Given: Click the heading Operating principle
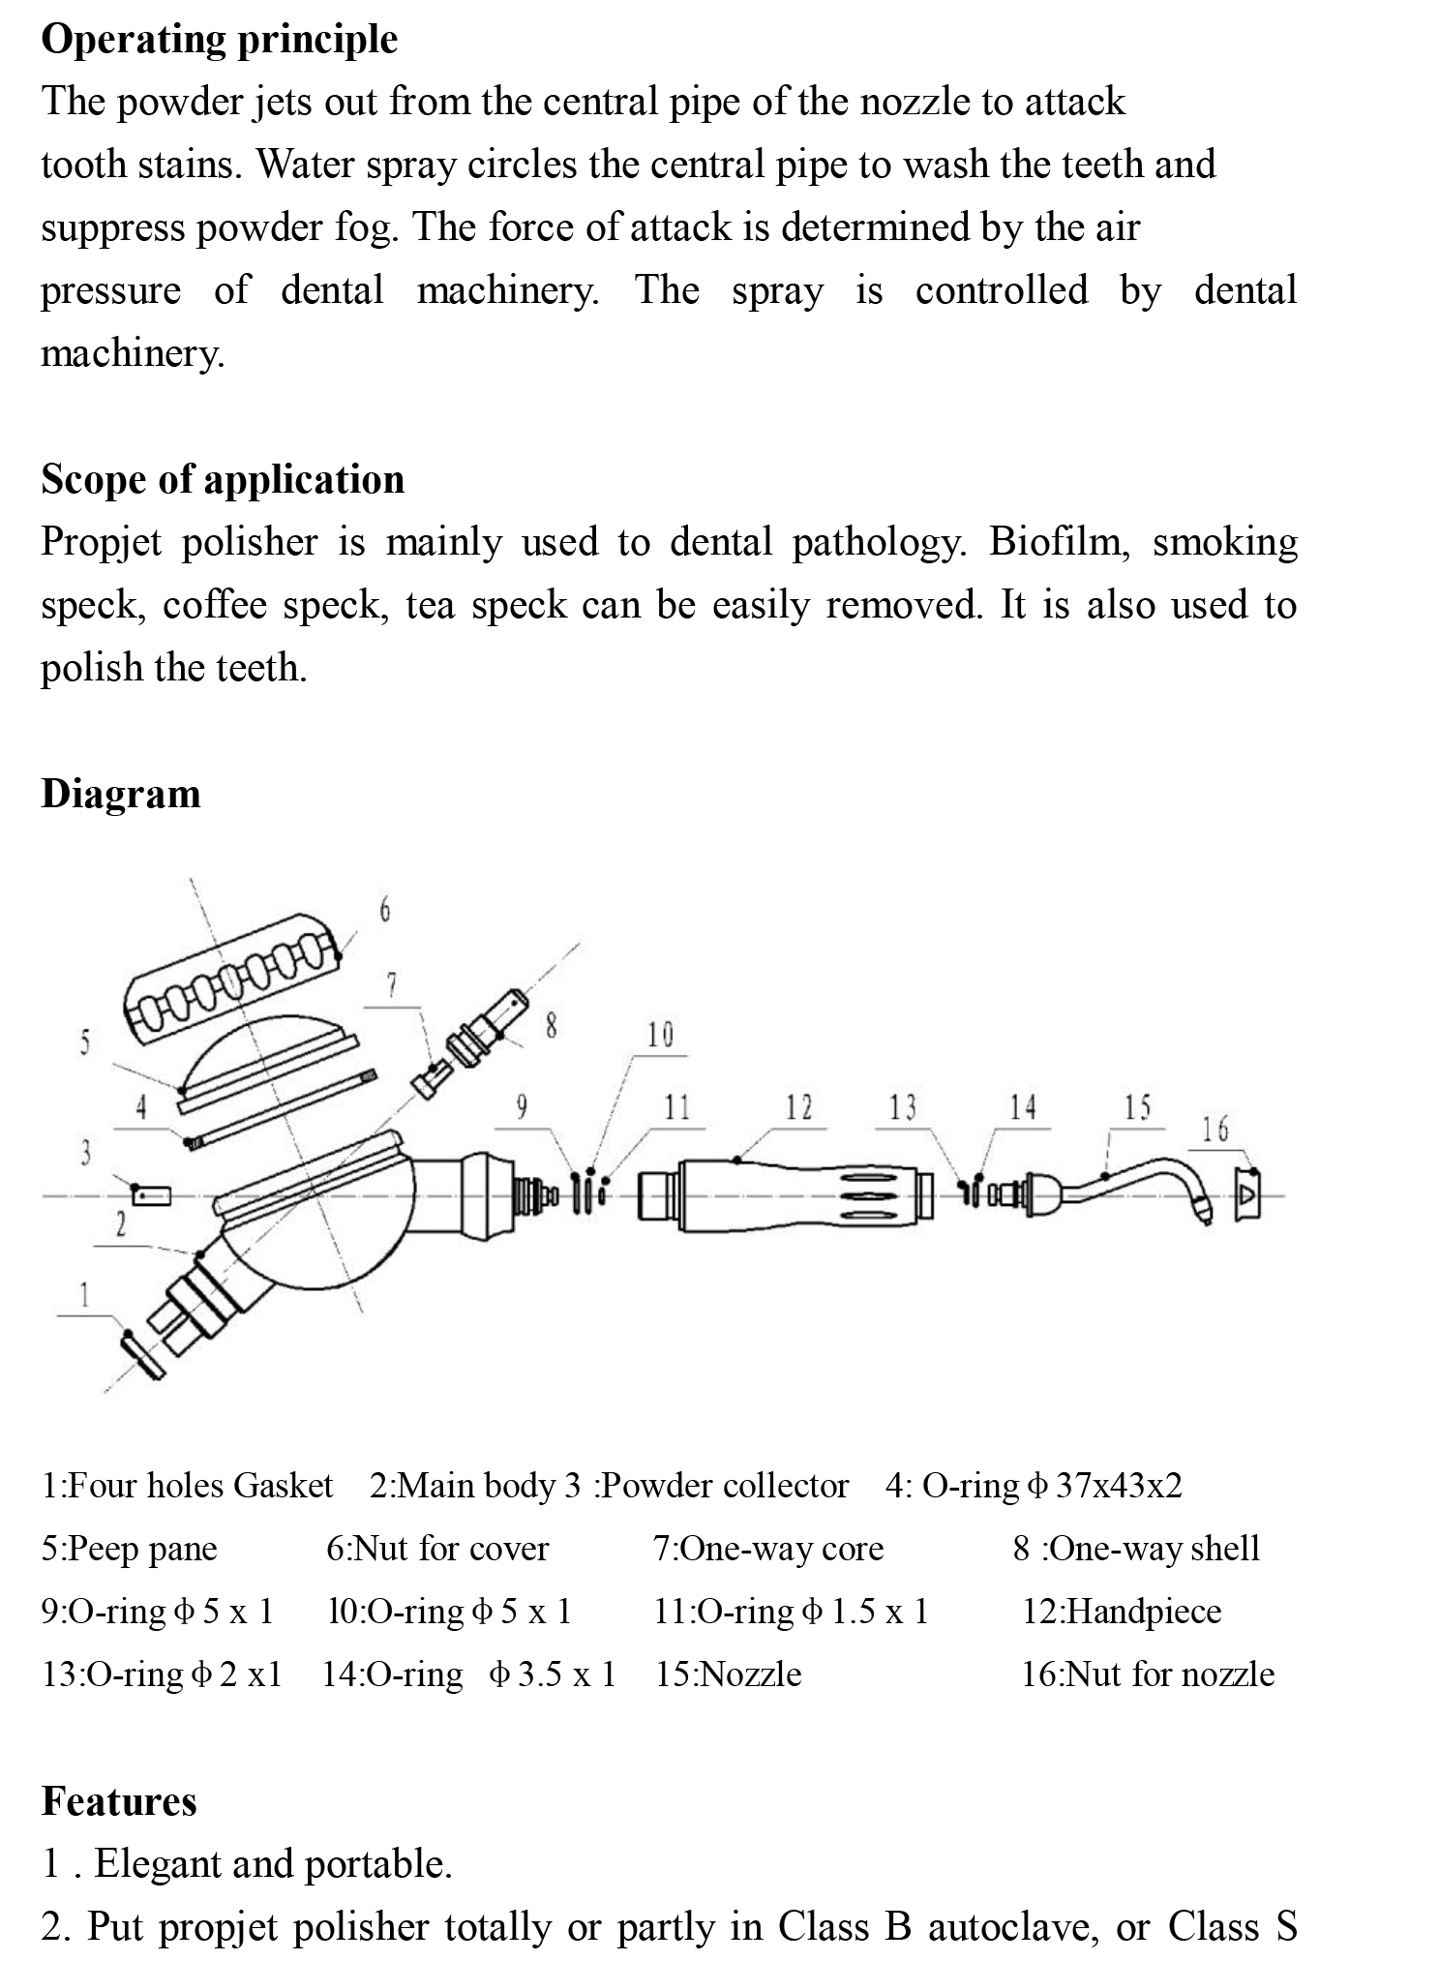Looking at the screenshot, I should click(219, 40).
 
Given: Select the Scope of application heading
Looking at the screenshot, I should click(223, 479).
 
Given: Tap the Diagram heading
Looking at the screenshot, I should click(121, 794).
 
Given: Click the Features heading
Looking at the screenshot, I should click(119, 1801).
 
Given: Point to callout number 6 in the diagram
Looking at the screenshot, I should click(384, 910).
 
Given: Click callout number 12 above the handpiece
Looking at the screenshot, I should click(798, 1106).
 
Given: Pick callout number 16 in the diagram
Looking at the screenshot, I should click(1215, 1129).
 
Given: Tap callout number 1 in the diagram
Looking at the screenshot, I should click(84, 1294).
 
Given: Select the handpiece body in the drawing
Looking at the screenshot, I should click(784, 1196).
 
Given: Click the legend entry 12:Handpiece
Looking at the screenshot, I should click(1122, 1612).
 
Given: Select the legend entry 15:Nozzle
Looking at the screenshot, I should click(729, 1674).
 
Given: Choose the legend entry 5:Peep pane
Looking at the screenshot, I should click(129, 1549).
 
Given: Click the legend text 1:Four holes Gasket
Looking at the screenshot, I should click(187, 1486).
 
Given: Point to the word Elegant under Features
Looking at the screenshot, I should click(161, 1864).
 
